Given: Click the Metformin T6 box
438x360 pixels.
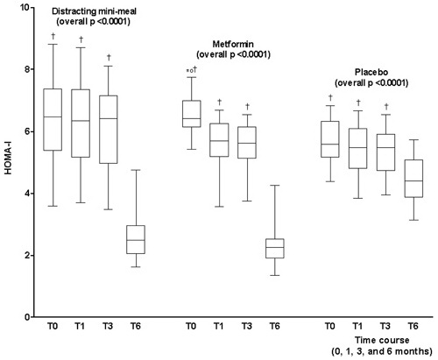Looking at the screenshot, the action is (275, 249).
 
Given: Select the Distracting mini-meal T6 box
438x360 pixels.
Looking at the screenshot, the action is (136, 240).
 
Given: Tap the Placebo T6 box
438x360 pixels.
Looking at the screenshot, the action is (413, 179).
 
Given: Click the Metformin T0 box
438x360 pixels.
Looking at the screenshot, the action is (192, 114).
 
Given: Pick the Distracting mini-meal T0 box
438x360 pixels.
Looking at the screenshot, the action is (53, 120).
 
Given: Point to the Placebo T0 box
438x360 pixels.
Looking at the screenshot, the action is (330, 139).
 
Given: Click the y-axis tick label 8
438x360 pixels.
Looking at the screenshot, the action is (27, 69).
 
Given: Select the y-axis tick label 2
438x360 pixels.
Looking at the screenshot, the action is (27, 256).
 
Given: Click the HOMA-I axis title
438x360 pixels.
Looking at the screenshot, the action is (8, 161).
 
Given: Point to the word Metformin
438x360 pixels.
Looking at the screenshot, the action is (233, 44).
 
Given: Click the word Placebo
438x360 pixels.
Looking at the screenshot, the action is (371, 72).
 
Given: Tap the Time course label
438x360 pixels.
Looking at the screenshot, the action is (382, 340).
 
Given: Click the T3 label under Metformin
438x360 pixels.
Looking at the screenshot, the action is (247, 326).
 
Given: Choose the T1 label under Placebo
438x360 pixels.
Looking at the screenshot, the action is (357, 326).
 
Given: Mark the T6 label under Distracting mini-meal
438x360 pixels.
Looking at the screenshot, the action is (136, 326).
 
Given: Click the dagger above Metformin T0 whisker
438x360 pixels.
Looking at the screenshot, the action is (194, 69).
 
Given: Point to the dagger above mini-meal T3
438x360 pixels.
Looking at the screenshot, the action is (109, 57).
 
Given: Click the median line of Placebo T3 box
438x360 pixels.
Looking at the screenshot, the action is (385, 147).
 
